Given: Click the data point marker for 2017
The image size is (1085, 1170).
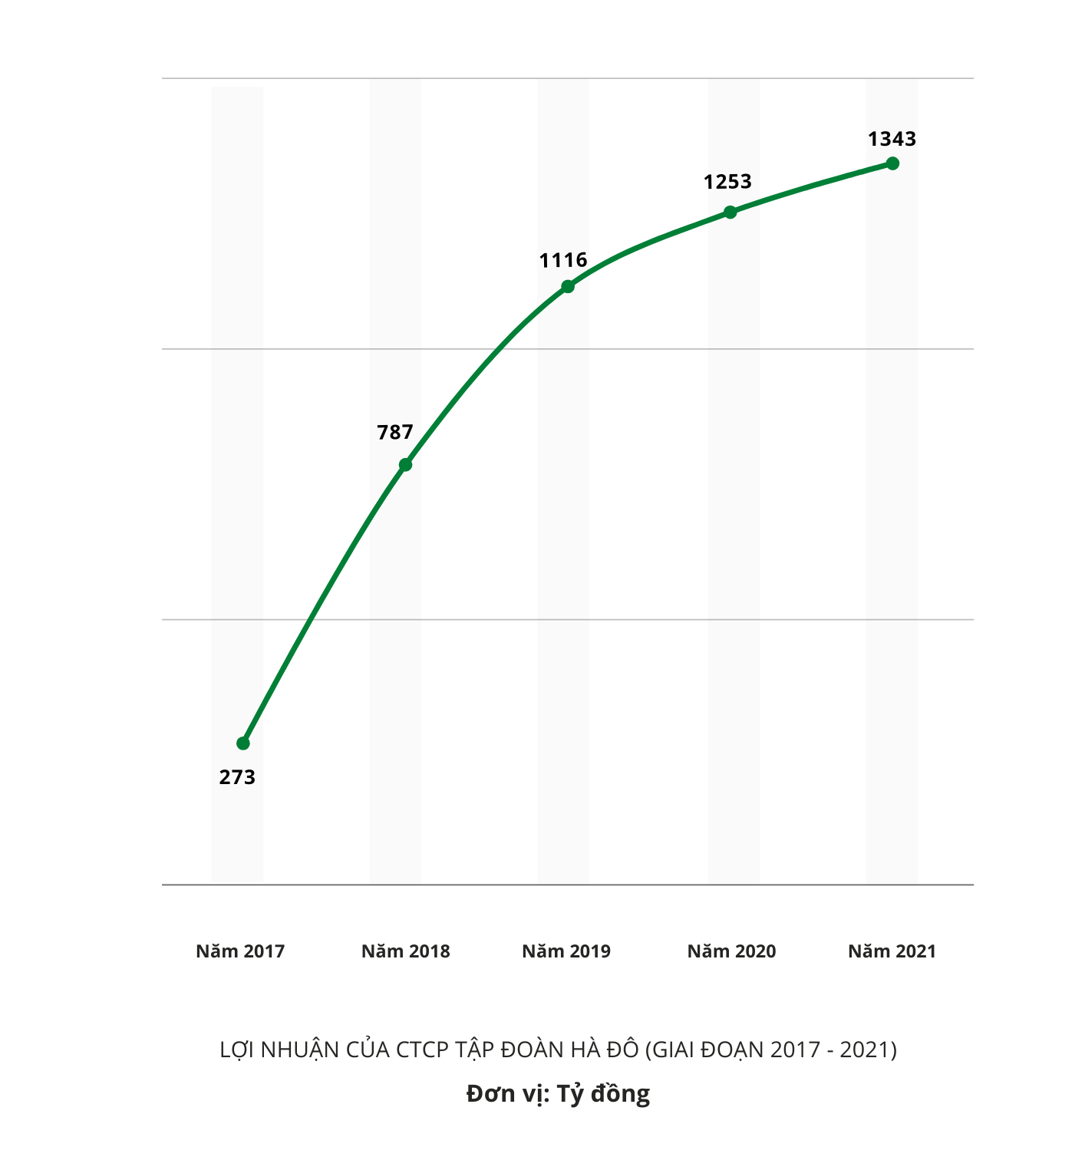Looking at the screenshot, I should [243, 743].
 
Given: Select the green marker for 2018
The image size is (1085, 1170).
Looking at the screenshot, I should [406, 465].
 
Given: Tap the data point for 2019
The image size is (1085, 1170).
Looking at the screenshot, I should [568, 287].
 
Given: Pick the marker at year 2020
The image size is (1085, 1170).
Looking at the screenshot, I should [730, 212].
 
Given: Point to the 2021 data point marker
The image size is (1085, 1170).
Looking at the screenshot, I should [892, 163].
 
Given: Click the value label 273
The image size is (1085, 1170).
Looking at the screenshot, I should [237, 777].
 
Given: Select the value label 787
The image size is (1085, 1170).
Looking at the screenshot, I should [395, 433].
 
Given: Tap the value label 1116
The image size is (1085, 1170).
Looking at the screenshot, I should [563, 261].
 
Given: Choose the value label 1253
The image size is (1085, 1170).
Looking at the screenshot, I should [727, 182].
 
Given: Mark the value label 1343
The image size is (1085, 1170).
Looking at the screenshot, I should [892, 139].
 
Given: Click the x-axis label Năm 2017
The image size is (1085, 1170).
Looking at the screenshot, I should [240, 951].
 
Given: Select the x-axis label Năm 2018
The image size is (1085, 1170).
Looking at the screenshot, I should [406, 951].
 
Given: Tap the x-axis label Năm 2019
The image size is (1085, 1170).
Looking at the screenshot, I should [566, 951].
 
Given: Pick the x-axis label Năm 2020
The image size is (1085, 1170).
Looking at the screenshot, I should [731, 951].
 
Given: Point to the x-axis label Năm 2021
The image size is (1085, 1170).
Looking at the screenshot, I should [892, 951].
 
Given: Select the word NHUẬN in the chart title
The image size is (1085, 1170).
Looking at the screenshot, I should [299, 1050].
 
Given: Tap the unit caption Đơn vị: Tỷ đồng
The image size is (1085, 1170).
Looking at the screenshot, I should [558, 1093].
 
